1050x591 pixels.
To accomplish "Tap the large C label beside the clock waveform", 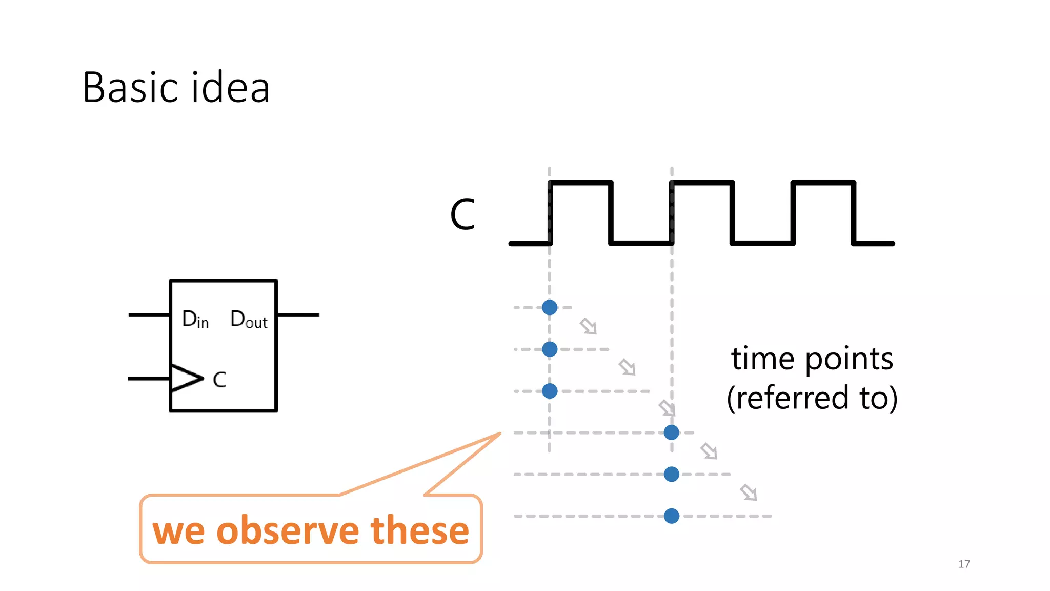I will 462,214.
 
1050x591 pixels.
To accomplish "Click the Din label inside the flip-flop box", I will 195,319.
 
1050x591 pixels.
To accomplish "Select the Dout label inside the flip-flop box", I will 249,319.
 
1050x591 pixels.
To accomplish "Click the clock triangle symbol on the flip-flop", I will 186,378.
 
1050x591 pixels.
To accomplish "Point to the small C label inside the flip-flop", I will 219,380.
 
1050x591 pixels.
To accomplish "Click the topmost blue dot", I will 550,307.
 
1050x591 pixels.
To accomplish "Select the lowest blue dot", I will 672,516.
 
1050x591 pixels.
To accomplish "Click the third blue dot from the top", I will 550,391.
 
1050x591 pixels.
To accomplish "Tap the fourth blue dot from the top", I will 672,432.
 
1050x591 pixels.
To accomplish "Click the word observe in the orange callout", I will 289,530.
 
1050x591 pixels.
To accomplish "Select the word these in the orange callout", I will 419,530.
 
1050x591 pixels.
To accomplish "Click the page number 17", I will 964,564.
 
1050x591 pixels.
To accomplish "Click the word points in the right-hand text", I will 849,359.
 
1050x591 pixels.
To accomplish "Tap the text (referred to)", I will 812,398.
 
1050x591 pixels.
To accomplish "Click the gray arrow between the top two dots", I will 588,326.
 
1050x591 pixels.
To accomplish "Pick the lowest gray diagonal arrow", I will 749,493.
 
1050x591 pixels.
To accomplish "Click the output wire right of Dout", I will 298,314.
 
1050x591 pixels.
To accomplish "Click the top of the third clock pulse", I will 823,183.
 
